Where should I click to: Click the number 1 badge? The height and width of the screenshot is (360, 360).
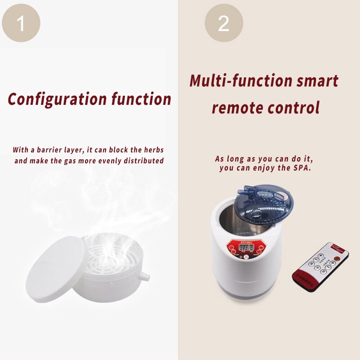(21, 23)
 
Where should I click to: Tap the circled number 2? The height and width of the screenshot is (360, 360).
(224, 23)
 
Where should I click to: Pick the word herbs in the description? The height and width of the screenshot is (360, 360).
(153, 149)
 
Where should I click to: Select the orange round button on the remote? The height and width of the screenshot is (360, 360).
(338, 258)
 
